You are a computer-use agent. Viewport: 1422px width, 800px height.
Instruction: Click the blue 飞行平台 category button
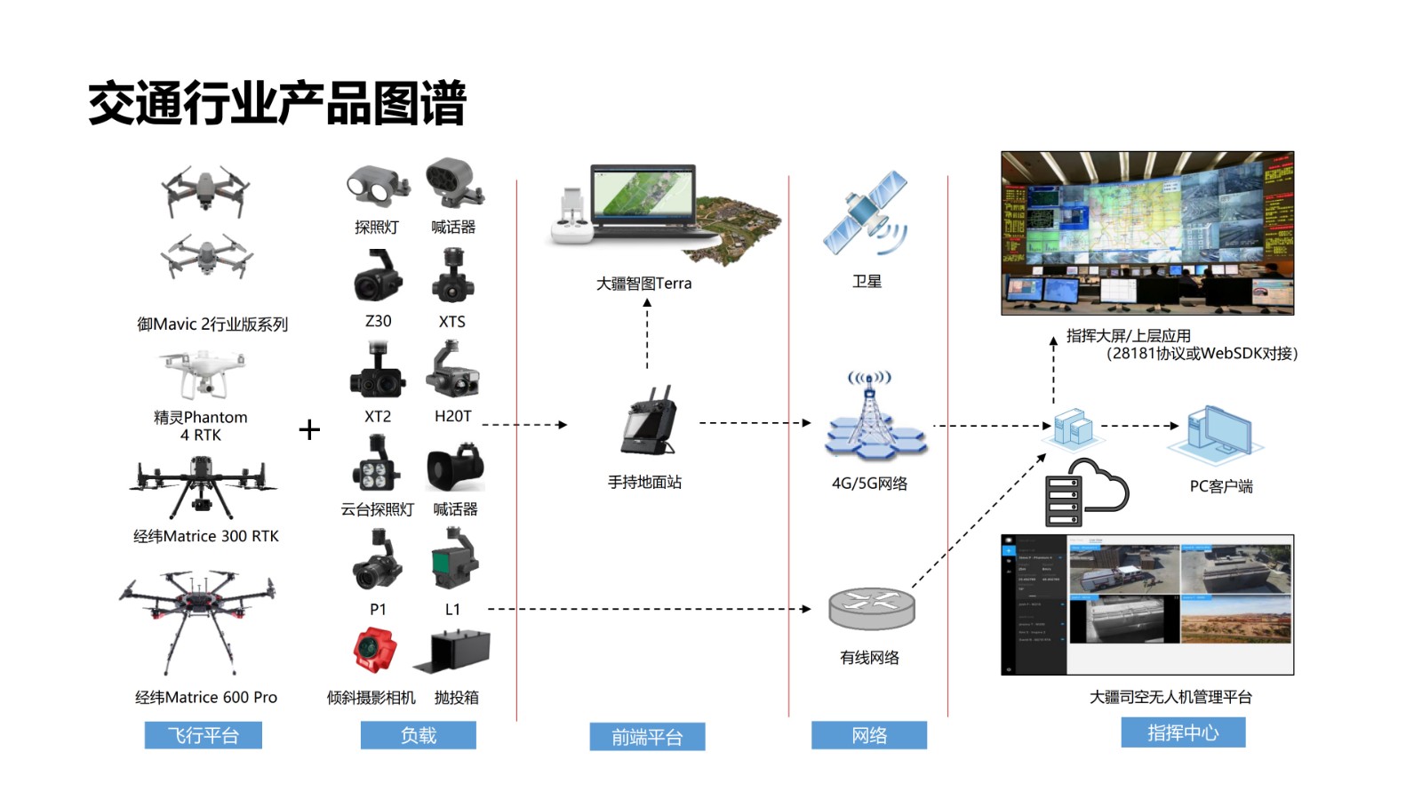coord(203,735)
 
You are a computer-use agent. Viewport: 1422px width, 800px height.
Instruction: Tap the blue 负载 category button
coord(418,735)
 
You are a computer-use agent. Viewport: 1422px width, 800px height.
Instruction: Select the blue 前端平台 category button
coord(647,737)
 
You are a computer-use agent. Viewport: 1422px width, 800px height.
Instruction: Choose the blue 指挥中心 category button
coord(1183,732)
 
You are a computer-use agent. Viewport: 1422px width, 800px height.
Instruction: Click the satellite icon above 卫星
coord(865,213)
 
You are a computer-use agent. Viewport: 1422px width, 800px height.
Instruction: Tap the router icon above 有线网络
coord(871,609)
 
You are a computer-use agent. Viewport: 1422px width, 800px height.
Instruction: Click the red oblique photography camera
coord(375,650)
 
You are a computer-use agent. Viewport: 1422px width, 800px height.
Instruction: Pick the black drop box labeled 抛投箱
coord(453,652)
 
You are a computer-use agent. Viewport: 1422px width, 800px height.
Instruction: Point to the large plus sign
coord(309,430)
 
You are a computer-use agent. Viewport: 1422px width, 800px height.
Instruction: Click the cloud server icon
coord(1086,492)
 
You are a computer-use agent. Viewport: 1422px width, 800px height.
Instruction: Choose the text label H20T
coord(453,416)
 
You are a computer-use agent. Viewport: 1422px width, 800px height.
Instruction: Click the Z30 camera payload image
coord(379,276)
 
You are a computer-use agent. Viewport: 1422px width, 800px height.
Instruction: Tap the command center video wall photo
coord(1147,233)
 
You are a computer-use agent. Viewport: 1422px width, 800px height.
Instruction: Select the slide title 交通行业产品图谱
coord(277,103)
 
